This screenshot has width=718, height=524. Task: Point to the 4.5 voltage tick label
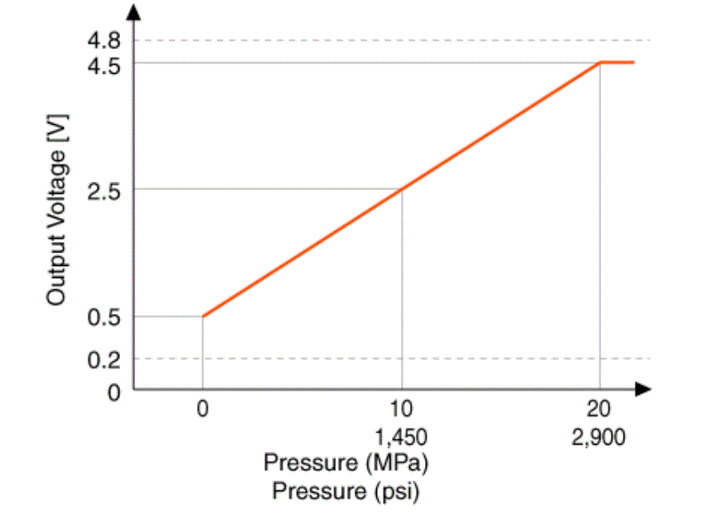[x=104, y=64]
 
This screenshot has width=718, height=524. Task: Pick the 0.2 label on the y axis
[x=104, y=359]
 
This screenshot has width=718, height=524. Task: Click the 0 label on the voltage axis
[x=114, y=392]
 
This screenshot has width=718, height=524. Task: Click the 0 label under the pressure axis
[x=203, y=409]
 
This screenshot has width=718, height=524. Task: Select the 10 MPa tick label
[x=402, y=409]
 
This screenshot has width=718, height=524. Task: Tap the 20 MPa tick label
[x=600, y=409]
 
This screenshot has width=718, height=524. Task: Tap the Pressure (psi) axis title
[x=346, y=490]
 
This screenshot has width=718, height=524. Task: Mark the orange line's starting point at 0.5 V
[x=203, y=316]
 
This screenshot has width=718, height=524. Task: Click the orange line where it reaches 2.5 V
[x=402, y=189]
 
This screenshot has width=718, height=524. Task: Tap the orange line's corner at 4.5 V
[x=600, y=62]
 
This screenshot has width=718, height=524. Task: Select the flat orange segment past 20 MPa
[x=618, y=62]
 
